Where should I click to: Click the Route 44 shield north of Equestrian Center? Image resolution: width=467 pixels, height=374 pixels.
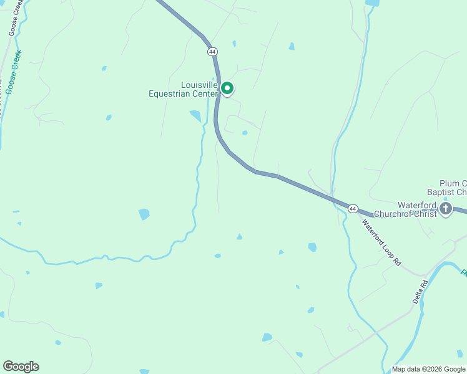click(x=214, y=51)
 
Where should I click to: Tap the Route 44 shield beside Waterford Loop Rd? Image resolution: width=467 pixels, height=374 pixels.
click(x=353, y=208)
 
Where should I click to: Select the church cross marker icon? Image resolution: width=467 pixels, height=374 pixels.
click(x=446, y=209)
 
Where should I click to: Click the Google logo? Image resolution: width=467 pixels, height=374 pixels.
click(x=21, y=367)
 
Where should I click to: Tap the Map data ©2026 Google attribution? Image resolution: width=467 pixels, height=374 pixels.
click(x=428, y=369)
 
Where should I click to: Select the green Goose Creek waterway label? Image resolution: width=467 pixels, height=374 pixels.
click(x=13, y=72)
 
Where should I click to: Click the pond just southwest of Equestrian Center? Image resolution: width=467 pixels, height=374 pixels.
click(x=195, y=116)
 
